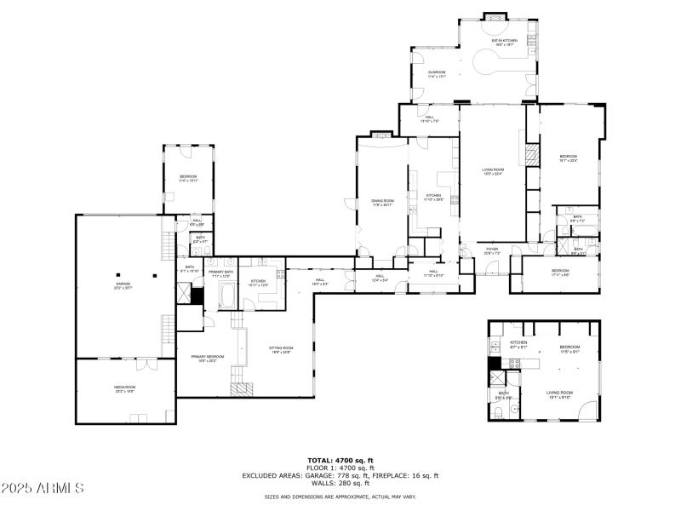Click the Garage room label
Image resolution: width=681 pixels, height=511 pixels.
pos(123,284)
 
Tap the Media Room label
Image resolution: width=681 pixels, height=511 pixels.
pos(125,389)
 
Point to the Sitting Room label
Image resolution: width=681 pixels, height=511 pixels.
pos(282,349)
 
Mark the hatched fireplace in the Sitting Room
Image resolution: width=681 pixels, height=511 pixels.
pos(242,388)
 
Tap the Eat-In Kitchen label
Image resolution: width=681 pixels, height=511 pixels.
pos(505,43)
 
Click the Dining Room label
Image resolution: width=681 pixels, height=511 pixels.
pos(382,203)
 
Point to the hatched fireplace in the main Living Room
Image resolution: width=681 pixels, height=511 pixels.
pos(532,156)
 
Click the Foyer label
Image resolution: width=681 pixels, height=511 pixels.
pos(492,251)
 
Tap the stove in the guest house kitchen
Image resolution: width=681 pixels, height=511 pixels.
pos(513,365)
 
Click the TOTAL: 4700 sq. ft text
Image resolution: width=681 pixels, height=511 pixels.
pos(340,460)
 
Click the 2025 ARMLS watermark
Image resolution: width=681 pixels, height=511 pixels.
pos(43,488)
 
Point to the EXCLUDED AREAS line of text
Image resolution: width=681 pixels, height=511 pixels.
pos(340,474)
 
